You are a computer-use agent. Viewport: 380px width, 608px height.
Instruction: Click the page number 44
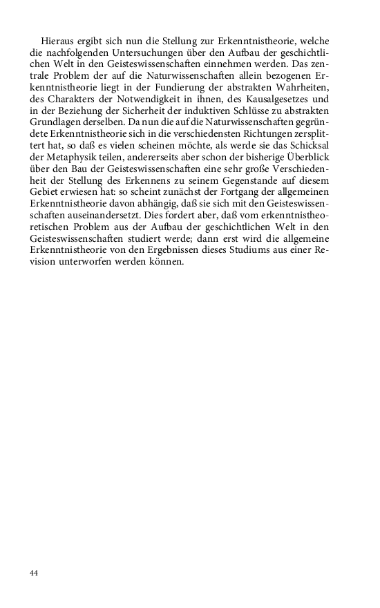tap(34, 573)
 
